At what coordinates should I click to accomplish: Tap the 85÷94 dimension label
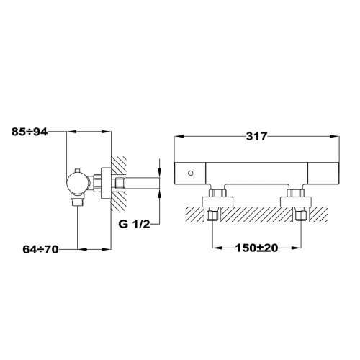(35, 132)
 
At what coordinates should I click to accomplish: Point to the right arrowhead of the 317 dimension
(337, 135)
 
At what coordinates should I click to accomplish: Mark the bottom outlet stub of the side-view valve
(78, 202)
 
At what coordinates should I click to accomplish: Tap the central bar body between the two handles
(256, 174)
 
